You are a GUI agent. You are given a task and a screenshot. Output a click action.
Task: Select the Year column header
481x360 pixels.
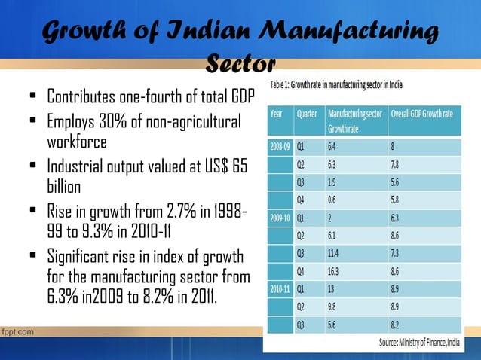click(277, 114)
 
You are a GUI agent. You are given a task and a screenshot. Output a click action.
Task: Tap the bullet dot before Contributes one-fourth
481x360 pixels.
click(33, 98)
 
